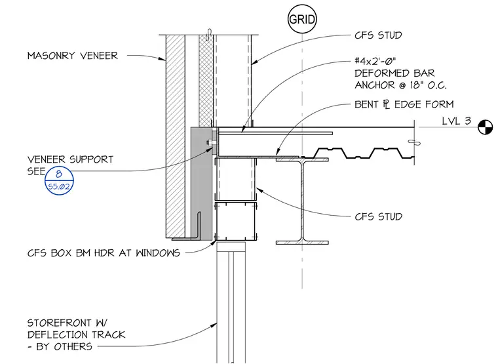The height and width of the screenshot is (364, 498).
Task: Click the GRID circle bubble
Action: (302, 19)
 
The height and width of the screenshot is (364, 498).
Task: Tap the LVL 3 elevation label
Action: (457, 121)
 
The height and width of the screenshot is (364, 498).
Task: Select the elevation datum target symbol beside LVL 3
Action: (486, 127)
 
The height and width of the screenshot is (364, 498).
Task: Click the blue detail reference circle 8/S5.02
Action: (59, 180)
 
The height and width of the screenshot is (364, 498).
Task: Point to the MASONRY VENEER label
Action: (73, 56)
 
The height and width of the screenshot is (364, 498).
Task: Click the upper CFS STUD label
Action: (378, 35)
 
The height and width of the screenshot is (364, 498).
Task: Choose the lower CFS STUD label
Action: (378, 216)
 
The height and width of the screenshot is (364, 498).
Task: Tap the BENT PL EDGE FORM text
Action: (404, 104)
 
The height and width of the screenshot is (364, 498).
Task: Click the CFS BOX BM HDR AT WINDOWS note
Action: (104, 253)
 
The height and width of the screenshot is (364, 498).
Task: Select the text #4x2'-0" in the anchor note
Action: (375, 61)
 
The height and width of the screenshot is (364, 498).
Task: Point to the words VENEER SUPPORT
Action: (70, 159)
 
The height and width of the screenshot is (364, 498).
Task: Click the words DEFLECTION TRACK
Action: (76, 334)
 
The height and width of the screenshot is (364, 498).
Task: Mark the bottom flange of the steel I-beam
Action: (302, 243)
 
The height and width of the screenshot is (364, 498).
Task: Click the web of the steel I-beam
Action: (302, 201)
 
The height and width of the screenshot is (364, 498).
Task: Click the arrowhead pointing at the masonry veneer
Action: (162, 58)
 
